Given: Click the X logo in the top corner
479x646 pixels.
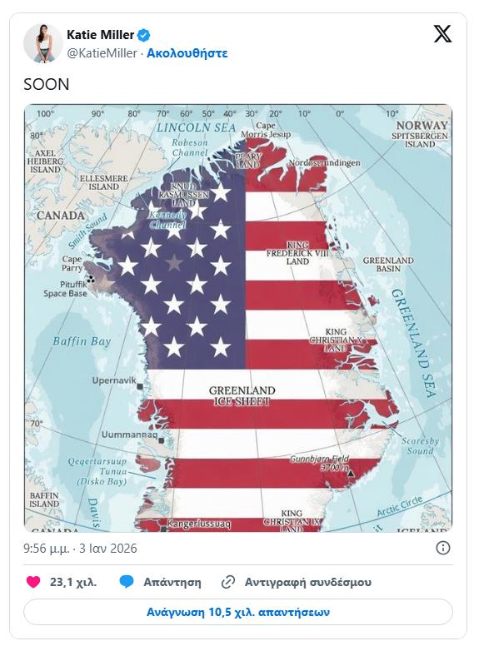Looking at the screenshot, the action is click(x=442, y=35).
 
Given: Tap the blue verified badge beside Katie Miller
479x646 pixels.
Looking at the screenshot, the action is click(x=144, y=35).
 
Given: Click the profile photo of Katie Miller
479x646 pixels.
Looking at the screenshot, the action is click(x=42, y=43).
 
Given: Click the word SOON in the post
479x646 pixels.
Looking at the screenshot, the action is click(x=47, y=84).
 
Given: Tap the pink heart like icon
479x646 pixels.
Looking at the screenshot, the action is click(x=33, y=582).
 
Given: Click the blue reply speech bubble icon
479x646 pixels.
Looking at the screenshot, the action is click(x=127, y=582).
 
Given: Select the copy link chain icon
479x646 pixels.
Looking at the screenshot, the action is click(x=228, y=582).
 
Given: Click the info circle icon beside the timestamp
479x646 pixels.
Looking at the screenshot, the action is click(x=443, y=548).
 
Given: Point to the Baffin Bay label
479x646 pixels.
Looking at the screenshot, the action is click(x=82, y=341).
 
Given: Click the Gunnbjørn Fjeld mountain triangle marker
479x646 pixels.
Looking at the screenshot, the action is click(x=352, y=474).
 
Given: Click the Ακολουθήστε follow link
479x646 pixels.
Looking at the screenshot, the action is click(x=187, y=53).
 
